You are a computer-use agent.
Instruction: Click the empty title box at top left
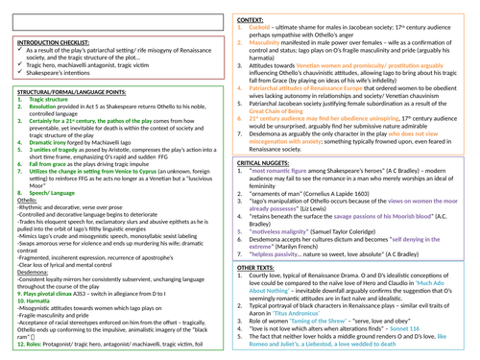point(119,13)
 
